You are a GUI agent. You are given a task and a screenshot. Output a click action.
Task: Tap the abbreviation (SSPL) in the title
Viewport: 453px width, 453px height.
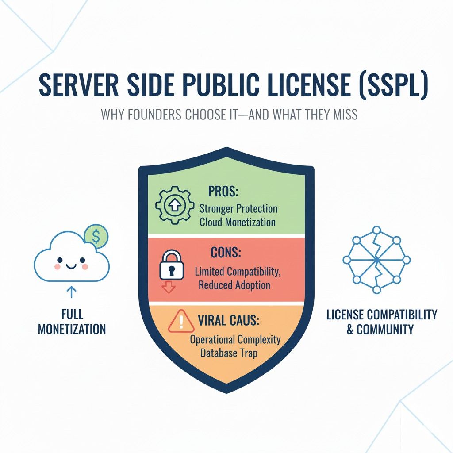pyautogui.click(x=393, y=85)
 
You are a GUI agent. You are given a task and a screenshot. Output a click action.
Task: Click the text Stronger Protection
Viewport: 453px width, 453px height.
pyautogui.click(x=238, y=209)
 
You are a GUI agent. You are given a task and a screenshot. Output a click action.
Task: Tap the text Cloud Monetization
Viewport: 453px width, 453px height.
pyautogui.click(x=238, y=222)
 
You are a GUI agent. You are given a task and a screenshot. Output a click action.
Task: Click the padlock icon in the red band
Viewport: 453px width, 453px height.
pyautogui.click(x=172, y=265)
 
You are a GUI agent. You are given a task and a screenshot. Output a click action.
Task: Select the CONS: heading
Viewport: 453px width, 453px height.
pyautogui.click(x=226, y=253)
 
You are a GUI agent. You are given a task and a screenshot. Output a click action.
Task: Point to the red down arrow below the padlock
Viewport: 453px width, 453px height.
pyautogui.click(x=169, y=288)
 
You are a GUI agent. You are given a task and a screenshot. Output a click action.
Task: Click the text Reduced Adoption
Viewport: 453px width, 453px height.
pyautogui.click(x=234, y=285)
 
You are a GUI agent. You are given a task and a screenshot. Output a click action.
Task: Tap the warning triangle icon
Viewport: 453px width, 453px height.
pyautogui.click(x=181, y=321)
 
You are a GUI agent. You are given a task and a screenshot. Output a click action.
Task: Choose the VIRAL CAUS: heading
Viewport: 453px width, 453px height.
pyautogui.click(x=228, y=320)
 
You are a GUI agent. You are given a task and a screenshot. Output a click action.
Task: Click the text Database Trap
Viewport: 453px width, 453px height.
pyautogui.click(x=229, y=353)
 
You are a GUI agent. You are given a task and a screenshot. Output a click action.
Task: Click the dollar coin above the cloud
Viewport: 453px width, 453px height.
pyautogui.click(x=96, y=236)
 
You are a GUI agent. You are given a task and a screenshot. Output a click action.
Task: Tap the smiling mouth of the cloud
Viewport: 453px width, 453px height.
pyautogui.click(x=71, y=265)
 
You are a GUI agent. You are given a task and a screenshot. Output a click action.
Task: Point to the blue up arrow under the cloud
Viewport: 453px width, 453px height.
pyautogui.click(x=71, y=292)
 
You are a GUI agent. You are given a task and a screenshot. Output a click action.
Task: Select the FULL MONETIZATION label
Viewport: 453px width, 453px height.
pyautogui.click(x=72, y=322)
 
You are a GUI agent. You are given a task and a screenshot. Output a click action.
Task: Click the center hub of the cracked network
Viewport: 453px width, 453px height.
pyautogui.click(x=377, y=260)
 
